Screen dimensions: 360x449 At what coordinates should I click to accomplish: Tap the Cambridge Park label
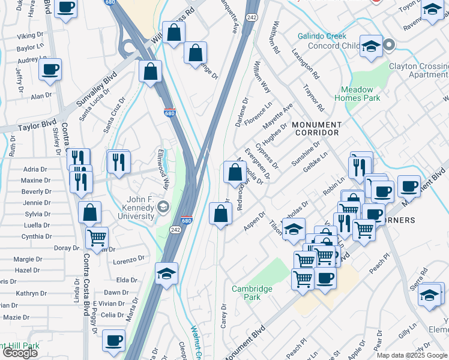click(x=252, y=293)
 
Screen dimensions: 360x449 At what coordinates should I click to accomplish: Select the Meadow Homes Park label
click(x=357, y=94)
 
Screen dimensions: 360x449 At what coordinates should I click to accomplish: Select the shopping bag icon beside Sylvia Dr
click(x=89, y=212)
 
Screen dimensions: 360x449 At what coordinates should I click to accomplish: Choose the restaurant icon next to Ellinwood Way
click(x=119, y=161)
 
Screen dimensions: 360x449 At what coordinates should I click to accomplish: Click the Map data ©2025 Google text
click(x=412, y=355)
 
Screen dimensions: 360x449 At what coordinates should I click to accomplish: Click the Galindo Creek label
click(x=322, y=36)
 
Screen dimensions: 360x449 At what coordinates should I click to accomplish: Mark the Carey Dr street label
click(x=224, y=314)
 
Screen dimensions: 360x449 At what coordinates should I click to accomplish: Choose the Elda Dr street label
click(x=127, y=280)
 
